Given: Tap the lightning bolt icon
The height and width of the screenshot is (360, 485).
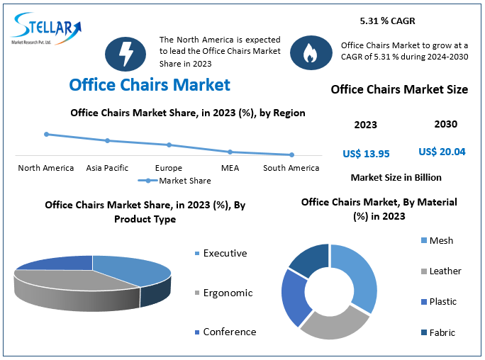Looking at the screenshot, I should [126, 53].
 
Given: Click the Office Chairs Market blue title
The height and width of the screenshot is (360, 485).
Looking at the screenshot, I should [150, 85].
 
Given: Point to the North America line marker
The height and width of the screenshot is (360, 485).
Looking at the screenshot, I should [46, 134].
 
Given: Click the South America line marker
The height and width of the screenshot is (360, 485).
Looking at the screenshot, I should [291, 154].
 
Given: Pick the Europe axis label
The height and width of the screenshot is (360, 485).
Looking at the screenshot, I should [169, 168].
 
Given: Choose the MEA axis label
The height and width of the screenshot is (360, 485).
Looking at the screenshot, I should [230, 168].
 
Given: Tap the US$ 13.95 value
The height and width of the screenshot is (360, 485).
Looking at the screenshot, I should [366, 153].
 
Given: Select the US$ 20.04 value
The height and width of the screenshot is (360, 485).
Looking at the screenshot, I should [442, 152].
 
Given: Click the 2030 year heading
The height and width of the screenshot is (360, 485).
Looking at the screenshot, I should [445, 124].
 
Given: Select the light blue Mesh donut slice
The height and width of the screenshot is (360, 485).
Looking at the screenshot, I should [359, 273].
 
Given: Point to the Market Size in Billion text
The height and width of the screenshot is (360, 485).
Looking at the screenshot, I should [396, 177].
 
